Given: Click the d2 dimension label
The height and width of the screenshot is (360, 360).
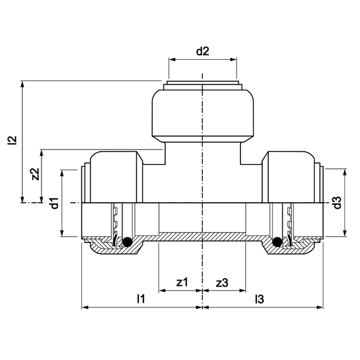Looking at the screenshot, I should (203, 52).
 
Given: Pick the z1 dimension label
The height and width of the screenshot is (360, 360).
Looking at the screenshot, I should (182, 282).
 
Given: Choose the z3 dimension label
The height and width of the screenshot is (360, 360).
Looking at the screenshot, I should (222, 282).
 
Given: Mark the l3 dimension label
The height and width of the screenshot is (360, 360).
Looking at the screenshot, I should (259, 299).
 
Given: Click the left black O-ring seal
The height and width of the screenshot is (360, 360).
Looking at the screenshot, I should (128, 241).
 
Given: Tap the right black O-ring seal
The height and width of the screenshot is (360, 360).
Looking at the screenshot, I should (276, 241).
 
